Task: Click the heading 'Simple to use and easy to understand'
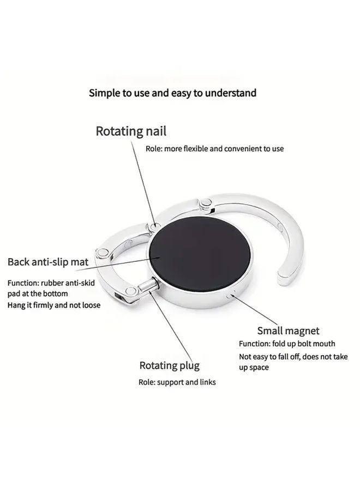click(x=173, y=93)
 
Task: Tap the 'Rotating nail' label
click(x=131, y=131)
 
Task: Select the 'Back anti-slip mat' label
click(x=48, y=262)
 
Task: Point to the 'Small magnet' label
click(x=288, y=331)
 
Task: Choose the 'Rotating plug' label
click(x=169, y=366)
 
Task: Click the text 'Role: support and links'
click(x=177, y=382)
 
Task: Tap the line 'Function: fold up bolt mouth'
click(x=287, y=344)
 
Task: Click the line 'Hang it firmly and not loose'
click(x=53, y=306)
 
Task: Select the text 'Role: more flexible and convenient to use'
click(x=214, y=148)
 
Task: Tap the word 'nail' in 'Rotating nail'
click(x=155, y=131)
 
